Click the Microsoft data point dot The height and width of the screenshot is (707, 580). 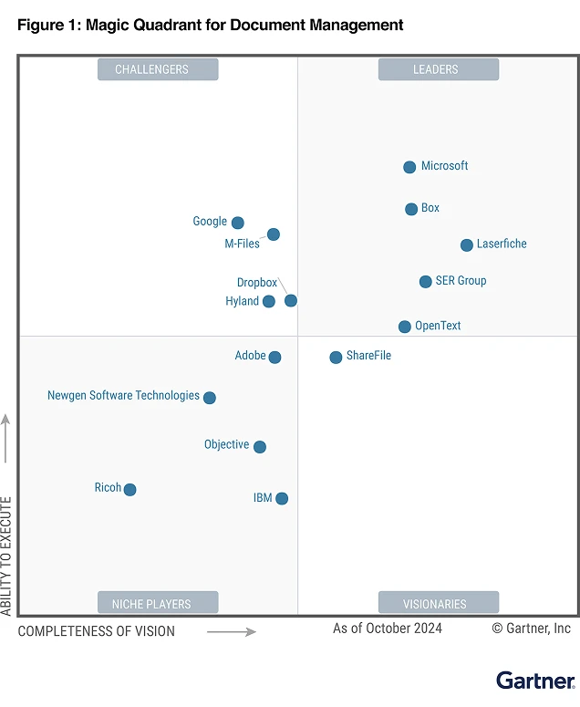(x=409, y=167)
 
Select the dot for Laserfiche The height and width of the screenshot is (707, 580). (x=467, y=244)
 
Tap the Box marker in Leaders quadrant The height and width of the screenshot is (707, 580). (x=411, y=209)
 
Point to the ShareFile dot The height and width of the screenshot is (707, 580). (x=336, y=357)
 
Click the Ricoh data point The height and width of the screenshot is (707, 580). (x=129, y=490)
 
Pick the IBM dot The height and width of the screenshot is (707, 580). (x=282, y=498)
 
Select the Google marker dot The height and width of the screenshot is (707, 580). (x=237, y=223)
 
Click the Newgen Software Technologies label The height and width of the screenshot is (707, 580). (x=123, y=396)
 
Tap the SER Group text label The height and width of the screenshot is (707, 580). (x=461, y=281)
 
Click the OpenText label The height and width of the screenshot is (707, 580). (x=438, y=326)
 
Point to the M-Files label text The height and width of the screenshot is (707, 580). (x=242, y=244)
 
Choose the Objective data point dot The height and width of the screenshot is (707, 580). (x=260, y=447)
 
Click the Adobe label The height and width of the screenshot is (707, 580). (x=250, y=356)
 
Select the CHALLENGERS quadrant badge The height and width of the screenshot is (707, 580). (x=158, y=69)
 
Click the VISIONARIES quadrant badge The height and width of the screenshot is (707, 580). (x=439, y=603)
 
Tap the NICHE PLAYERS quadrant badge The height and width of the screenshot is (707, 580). (x=158, y=603)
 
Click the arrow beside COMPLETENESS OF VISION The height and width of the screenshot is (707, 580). (x=231, y=631)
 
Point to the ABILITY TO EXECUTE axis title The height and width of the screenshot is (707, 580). (x=7, y=556)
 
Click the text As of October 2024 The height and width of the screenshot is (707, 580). (x=387, y=629)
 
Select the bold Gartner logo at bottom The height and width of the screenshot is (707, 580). (x=535, y=681)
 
